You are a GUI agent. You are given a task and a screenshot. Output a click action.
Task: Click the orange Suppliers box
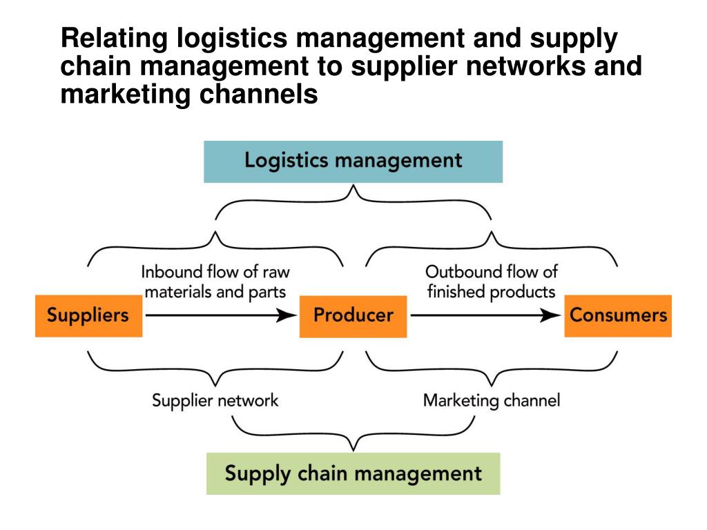coord(88,315)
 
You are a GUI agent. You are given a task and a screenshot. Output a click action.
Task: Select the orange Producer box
coord(353,315)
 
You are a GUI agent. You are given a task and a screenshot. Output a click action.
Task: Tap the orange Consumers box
coord(618,315)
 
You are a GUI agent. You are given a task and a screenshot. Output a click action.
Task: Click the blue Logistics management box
coord(353,161)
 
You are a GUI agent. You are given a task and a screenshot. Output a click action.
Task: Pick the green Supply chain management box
coord(353,473)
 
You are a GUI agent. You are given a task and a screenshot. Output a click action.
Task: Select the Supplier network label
coord(215,400)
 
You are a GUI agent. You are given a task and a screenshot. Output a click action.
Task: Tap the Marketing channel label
coord(492,400)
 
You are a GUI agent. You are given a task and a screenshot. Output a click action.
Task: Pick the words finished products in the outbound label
coord(491,291)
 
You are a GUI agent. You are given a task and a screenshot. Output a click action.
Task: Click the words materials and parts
coord(215,291)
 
